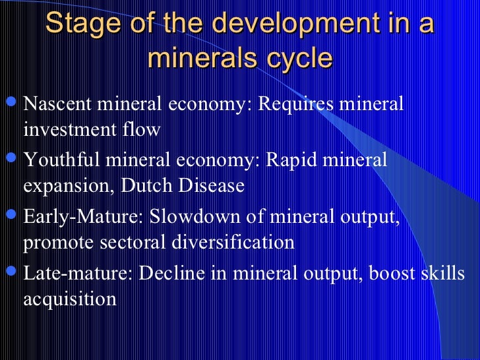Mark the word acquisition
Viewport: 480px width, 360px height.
(x=70, y=299)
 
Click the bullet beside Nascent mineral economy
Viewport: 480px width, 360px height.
(x=11, y=103)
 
